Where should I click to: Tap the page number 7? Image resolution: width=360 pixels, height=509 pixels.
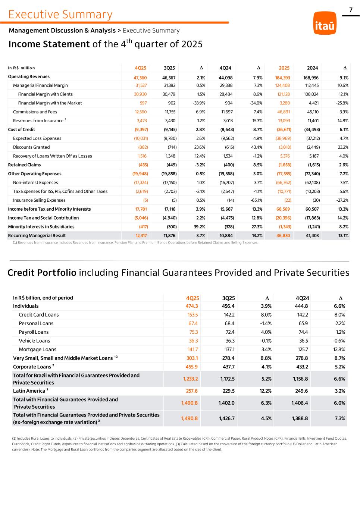click(351, 10)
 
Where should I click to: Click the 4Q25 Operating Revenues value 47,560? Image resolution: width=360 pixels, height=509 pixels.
click(140, 78)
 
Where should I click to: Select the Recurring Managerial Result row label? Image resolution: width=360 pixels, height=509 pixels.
click(37, 236)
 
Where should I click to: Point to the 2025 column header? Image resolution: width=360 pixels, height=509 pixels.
click(284, 68)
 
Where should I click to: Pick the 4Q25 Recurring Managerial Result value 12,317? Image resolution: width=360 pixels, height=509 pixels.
click(141, 236)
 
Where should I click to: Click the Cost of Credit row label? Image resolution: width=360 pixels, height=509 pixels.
click(22, 129)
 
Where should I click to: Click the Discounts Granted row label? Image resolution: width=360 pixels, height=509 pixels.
click(31, 147)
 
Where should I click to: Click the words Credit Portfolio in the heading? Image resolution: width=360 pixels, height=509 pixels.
click(42, 273)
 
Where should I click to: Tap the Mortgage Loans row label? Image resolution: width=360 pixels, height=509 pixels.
click(38, 349)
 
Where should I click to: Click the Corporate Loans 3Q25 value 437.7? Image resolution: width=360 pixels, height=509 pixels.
click(227, 367)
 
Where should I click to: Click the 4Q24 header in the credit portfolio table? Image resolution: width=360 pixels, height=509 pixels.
click(302, 298)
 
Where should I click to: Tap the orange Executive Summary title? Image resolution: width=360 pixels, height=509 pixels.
click(60, 14)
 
